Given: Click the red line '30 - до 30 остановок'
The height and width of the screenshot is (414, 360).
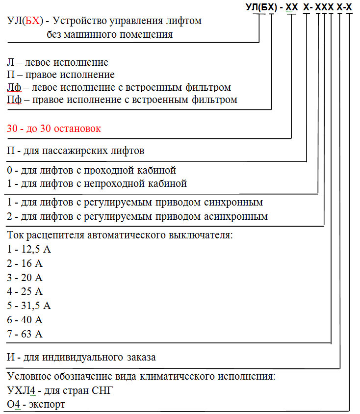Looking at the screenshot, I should click(54, 129).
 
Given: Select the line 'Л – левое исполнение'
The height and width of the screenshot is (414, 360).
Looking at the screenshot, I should click(58, 63).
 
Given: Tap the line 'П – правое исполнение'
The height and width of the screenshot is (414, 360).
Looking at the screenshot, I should click(61, 75).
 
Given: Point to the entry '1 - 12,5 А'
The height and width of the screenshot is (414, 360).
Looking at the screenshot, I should click(29, 249).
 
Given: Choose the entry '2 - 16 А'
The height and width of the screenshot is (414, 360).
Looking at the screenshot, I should click(26, 263).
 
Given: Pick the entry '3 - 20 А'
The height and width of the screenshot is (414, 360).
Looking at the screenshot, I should click(26, 278).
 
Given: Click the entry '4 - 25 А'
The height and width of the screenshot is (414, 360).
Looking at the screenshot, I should click(26, 292).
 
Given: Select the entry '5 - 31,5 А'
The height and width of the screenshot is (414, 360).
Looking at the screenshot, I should click(29, 306).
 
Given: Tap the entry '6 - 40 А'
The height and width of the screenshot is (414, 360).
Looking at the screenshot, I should click(26, 320).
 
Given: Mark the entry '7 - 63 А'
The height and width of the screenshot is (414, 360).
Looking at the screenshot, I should click(26, 335).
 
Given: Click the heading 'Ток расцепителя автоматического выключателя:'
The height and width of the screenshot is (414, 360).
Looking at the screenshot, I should click(120, 235).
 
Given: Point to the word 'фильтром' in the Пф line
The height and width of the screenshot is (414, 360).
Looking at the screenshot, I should click(214, 100).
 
